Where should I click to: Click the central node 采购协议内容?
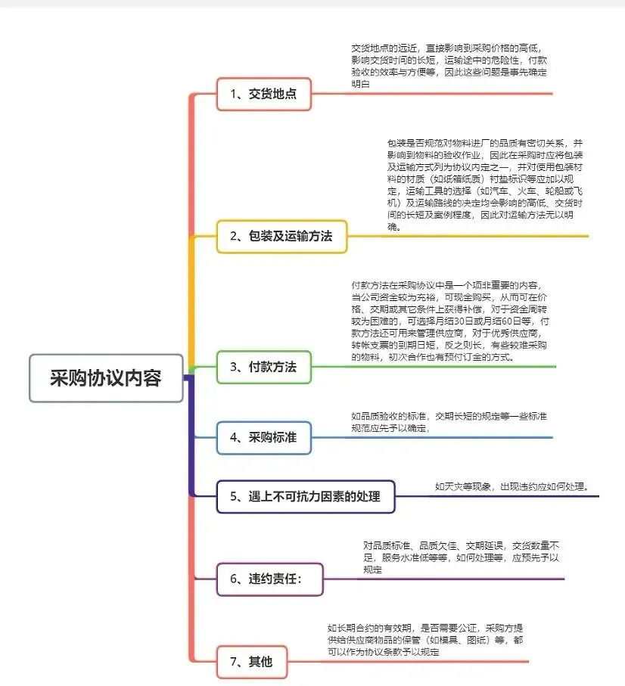106,378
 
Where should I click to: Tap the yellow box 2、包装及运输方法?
281,236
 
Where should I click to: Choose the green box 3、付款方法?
263,368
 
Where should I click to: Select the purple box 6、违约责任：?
269,579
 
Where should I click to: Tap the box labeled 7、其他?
252,663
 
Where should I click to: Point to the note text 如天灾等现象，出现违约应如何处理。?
512,486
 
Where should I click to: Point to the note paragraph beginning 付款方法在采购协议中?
450,321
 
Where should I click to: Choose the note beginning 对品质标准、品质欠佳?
462,557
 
